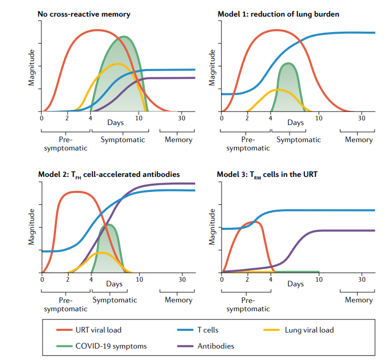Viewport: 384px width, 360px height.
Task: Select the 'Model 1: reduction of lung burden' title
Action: (x=278, y=14)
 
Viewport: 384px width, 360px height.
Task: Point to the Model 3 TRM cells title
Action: (x=267, y=174)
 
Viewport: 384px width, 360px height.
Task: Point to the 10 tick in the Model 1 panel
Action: (x=318, y=118)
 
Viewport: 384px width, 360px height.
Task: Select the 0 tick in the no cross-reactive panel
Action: (x=41, y=118)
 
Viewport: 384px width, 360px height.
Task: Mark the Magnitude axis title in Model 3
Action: (x=212, y=227)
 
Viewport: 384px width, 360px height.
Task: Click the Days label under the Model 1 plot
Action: (x=295, y=123)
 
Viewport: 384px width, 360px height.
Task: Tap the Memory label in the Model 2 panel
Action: (x=179, y=300)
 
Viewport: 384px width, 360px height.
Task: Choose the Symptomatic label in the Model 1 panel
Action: (x=298, y=140)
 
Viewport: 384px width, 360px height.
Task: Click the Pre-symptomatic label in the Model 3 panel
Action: (x=248, y=304)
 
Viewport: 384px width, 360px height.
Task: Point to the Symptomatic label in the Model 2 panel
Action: (x=115, y=300)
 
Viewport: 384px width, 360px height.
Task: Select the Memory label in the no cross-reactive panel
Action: (x=179, y=140)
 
